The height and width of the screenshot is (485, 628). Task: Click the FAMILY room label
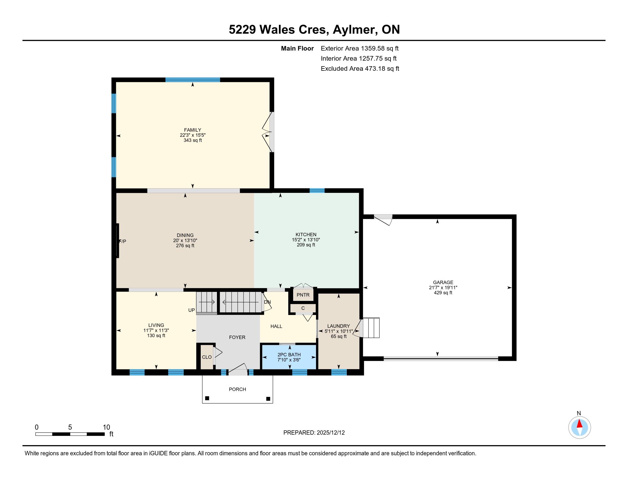click(x=193, y=130)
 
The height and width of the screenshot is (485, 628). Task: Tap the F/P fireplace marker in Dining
click(x=122, y=241)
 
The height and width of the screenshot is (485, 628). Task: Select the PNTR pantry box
click(x=303, y=295)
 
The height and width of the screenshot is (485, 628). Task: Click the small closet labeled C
click(x=303, y=308)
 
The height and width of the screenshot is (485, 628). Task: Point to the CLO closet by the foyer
click(x=207, y=357)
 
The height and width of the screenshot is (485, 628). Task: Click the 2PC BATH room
click(x=289, y=357)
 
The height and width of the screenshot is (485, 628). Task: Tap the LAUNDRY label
click(x=339, y=326)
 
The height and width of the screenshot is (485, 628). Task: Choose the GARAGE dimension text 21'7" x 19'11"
click(x=443, y=288)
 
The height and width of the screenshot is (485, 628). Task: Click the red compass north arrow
click(x=580, y=424)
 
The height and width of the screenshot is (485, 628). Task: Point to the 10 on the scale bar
click(x=106, y=427)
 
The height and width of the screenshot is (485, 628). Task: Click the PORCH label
click(x=237, y=389)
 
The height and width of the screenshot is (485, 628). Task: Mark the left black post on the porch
click(x=207, y=398)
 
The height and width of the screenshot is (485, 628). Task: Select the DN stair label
click(x=267, y=302)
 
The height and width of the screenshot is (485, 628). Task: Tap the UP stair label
click(x=192, y=310)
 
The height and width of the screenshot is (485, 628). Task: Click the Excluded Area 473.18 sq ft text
click(x=360, y=69)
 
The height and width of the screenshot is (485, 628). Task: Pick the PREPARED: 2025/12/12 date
click(x=314, y=433)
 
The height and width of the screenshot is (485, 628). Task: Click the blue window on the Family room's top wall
click(x=193, y=80)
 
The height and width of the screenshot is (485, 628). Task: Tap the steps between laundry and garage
click(x=371, y=328)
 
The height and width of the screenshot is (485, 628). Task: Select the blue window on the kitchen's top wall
click(x=317, y=191)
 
